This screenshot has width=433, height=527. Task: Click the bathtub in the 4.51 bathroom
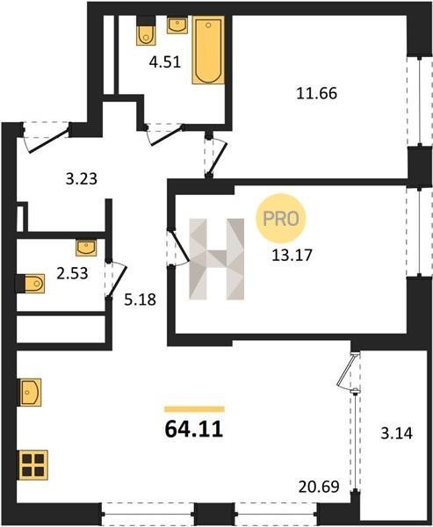click(x=208, y=50)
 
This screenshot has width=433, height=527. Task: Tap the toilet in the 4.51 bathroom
click(x=147, y=31)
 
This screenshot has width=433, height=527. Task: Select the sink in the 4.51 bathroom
click(x=177, y=25)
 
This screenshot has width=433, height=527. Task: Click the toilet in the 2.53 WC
click(x=30, y=284)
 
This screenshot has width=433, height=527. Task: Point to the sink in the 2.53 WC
click(x=86, y=248)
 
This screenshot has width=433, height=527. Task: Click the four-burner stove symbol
click(x=33, y=466)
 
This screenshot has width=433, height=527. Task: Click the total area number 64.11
click(x=194, y=430)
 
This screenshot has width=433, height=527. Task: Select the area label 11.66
click(x=317, y=93)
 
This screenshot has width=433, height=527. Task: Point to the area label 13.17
click(x=292, y=255)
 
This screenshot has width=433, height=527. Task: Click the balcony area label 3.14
click(x=397, y=433)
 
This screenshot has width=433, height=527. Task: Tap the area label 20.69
click(x=319, y=487)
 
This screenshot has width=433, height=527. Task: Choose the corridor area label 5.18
click(x=141, y=300)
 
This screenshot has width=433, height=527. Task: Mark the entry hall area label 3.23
click(x=82, y=179)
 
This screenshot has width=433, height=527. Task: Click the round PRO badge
click(x=281, y=219)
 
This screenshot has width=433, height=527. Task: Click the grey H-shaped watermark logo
click(x=217, y=259)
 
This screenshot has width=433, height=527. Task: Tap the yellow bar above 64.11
click(x=194, y=409)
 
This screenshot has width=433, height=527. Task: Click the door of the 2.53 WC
click(x=117, y=282)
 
